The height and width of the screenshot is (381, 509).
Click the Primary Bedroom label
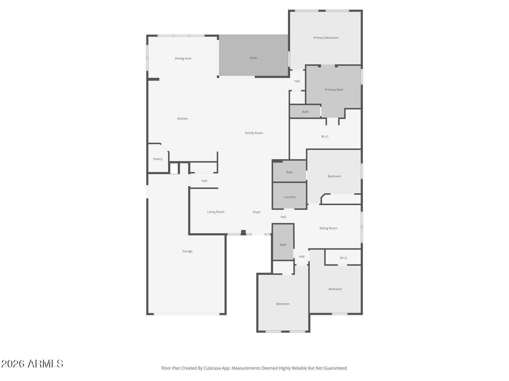coord(325,38)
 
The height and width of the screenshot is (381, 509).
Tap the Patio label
coord(253,58)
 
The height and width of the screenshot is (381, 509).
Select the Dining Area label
coord(183,58)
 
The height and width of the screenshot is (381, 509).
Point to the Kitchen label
coord(183,119)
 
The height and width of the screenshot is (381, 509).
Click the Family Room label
coord(254,133)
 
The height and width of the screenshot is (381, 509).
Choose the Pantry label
coord(158,159)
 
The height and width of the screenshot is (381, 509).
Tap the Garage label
coord(187,251)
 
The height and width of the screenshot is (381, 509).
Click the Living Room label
coord(216,212)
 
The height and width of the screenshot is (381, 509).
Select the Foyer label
coord(257,212)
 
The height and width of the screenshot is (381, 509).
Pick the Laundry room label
coord(290,197)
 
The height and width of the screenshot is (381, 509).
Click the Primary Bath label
coord(334,89)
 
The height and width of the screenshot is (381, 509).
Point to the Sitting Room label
coord(328,228)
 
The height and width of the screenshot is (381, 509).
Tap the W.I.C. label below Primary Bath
coord(325,136)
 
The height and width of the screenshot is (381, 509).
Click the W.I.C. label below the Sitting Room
coord(344,258)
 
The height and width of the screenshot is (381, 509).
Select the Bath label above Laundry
coord(290,172)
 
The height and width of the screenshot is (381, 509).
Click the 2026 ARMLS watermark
coord(32,364)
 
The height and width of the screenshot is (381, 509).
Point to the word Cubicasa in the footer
coord(212,368)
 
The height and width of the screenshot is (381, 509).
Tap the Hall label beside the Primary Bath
coord(297,81)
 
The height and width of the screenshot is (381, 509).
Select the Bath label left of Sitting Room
coord(283,245)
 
